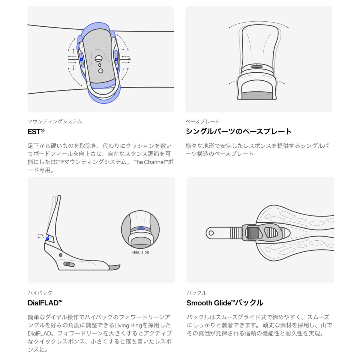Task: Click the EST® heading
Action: coord(36,131)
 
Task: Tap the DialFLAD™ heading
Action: coord(45,303)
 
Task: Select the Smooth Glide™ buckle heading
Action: coord(225,303)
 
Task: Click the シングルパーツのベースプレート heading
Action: coord(238,131)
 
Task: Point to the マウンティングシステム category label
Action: coord(55,121)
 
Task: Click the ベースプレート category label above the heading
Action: coord(202,121)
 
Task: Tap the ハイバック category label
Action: coord(40,292)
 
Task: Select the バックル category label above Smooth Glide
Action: coord(196,292)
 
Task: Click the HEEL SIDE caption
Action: coord(140,253)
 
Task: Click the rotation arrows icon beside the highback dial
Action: coord(40,236)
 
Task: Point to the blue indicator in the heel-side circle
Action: coord(141,228)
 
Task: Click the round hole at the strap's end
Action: coord(211,233)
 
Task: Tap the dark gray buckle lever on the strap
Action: coord(254,233)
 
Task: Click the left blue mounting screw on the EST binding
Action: coord(82,59)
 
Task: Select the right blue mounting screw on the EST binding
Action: coord(116,59)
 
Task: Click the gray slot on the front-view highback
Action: coord(257,67)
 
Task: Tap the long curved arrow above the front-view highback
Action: coord(259,22)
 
